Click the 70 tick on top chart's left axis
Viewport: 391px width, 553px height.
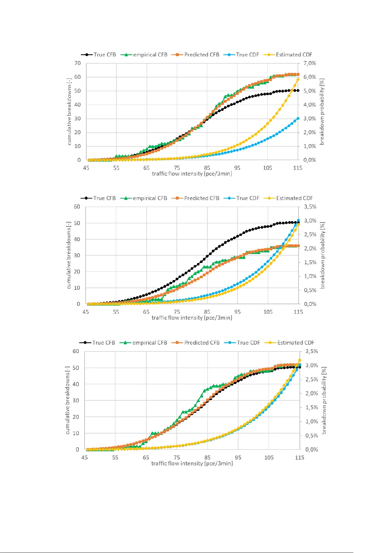coord(77,63)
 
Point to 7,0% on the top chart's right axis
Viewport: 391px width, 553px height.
coord(310,63)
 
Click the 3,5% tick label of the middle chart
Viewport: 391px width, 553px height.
coord(310,207)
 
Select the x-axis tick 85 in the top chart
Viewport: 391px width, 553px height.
coord(207,168)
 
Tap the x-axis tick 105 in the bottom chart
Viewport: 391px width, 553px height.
coord(269,457)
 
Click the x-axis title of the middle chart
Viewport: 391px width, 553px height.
coord(192,318)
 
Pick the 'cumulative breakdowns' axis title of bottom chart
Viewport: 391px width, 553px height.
coord(68,400)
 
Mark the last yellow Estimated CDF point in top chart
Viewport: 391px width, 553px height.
coord(298,79)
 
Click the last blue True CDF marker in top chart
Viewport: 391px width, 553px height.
coord(298,118)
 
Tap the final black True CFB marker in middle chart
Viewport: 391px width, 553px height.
coord(298,223)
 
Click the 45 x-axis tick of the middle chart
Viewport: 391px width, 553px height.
coord(86,312)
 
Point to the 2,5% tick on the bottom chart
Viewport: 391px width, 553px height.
coord(312,379)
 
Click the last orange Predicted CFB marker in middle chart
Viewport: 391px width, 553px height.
coord(298,246)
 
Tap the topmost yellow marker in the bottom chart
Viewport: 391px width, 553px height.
coord(299,360)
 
